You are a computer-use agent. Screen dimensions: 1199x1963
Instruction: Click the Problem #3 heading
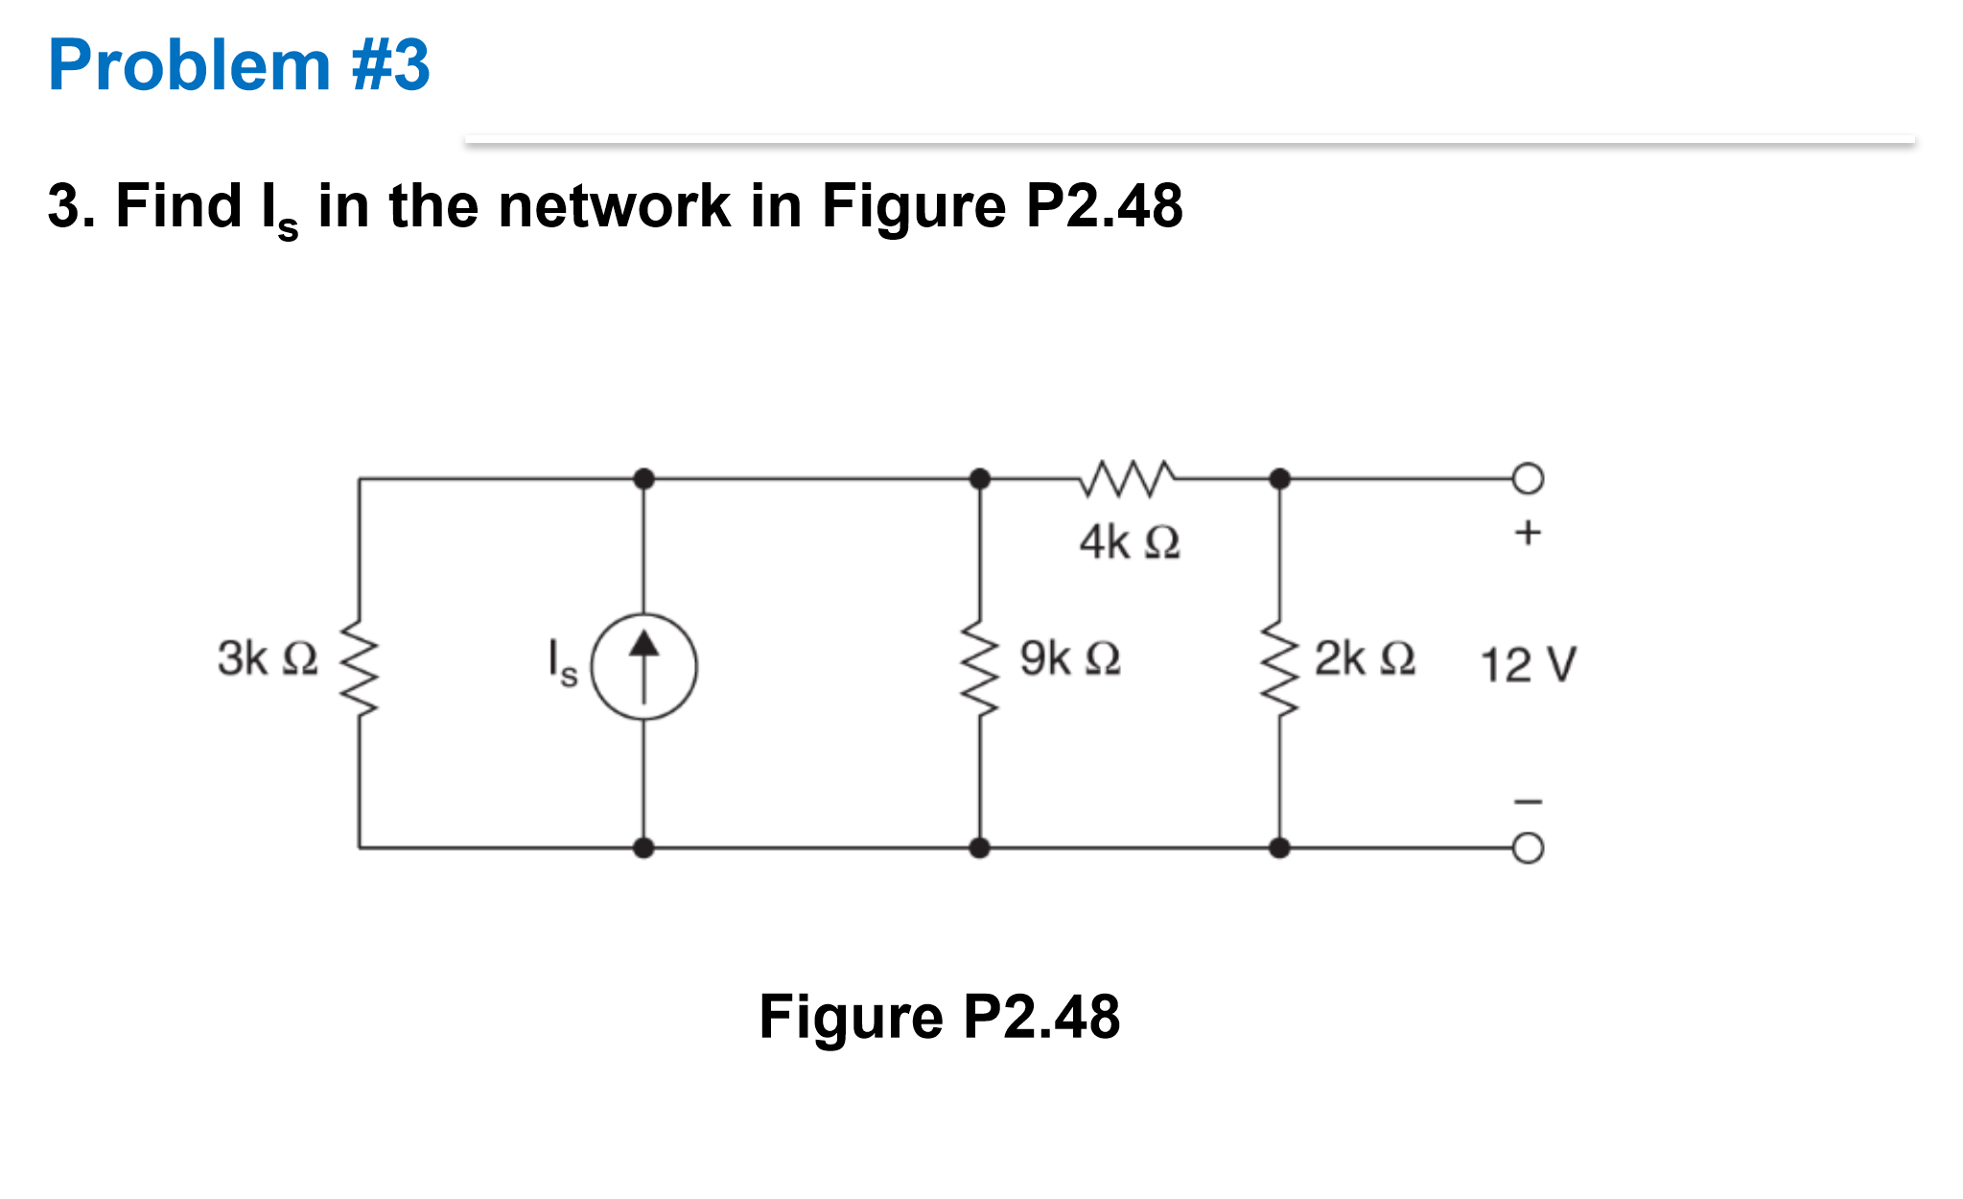239,65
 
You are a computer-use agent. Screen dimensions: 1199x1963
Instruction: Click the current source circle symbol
643,667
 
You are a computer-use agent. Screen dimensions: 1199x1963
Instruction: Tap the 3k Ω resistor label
267,658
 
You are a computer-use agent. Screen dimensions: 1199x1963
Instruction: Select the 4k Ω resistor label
1129,542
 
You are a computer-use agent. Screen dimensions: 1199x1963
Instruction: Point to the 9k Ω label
1069,658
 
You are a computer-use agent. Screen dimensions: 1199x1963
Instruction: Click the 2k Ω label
1364,658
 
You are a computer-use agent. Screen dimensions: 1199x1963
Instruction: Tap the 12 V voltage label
1528,664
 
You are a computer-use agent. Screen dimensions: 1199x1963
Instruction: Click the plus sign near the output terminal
1528,531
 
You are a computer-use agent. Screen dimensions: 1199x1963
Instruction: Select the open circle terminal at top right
1528,478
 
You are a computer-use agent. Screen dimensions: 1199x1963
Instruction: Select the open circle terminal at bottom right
1528,848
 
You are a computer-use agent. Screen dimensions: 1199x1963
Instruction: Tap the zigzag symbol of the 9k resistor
979,667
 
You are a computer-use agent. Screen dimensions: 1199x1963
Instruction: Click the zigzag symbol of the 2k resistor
1279,667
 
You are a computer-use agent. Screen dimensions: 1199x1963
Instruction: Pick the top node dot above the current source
643,478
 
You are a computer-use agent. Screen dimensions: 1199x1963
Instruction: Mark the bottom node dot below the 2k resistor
1279,848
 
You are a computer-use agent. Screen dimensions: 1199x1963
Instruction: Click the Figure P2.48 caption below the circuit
939,1017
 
